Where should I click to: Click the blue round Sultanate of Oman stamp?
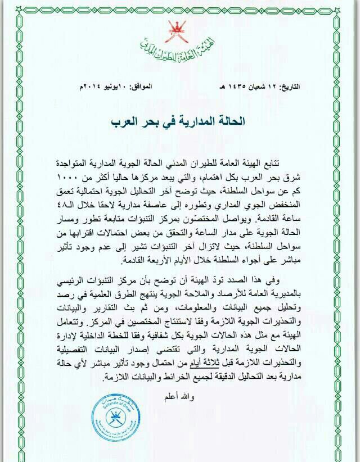pos(115,419)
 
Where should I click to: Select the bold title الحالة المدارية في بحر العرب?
pos(180,121)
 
